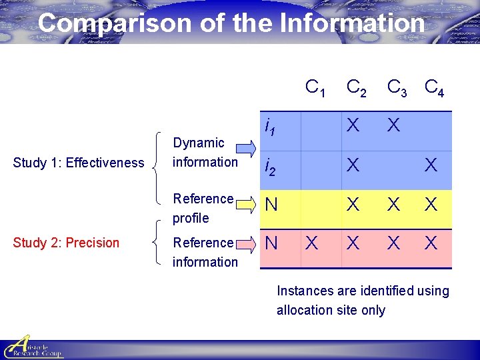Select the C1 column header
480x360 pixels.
tap(315, 87)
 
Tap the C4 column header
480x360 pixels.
tap(435, 87)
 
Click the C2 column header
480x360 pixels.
tap(356, 87)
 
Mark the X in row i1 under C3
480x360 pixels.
tap(394, 125)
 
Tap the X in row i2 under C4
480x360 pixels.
tap(431, 165)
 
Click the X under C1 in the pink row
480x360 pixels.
tap(311, 243)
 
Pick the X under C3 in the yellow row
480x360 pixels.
tap(394, 205)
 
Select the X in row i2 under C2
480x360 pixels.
tap(353, 165)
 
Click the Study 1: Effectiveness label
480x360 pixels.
tap(79, 163)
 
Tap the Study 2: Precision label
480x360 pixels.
tap(66, 243)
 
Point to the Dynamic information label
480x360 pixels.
tap(205, 152)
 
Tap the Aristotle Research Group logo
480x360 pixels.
tap(33, 346)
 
